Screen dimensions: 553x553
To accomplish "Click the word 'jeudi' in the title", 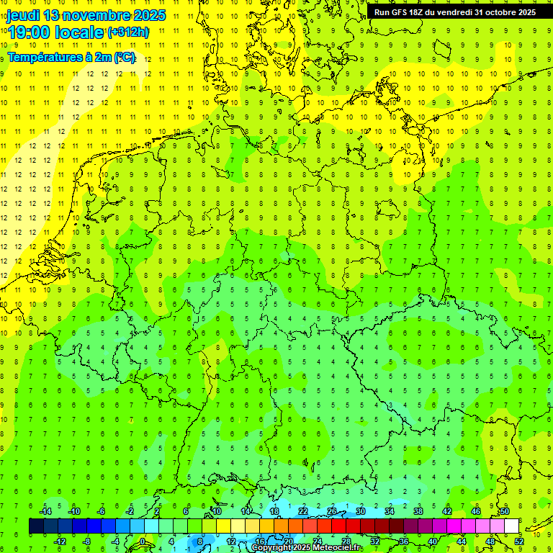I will [x=22, y=15].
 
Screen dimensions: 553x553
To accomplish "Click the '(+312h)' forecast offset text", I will [x=129, y=32].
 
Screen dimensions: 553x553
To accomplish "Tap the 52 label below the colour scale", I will [x=519, y=541].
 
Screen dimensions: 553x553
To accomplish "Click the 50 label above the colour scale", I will [x=505, y=511].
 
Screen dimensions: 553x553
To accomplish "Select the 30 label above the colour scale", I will [x=361, y=511].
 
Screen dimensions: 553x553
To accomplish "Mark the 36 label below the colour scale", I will [x=404, y=541].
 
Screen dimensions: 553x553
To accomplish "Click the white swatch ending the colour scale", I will [x=511, y=526].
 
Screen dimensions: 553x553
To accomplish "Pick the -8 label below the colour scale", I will [x=88, y=541].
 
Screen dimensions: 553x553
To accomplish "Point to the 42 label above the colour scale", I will [x=447, y=511].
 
